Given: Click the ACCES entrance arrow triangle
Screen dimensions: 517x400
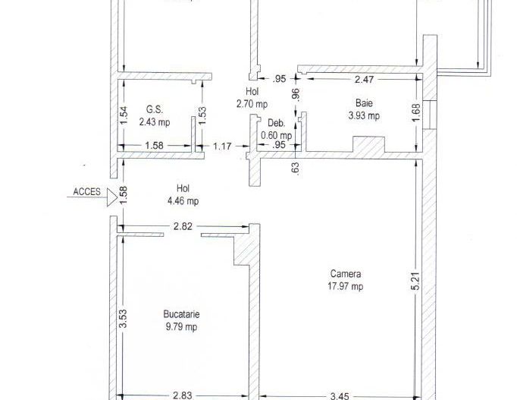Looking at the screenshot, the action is (111, 198).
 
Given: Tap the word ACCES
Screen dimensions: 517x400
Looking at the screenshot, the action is (86, 192).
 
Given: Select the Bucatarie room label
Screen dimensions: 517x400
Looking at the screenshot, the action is (181, 314).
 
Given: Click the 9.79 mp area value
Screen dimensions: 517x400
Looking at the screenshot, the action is (182, 326).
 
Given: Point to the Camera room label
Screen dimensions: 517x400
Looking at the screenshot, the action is (346, 273).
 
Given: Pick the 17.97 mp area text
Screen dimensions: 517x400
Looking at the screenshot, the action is (345, 286).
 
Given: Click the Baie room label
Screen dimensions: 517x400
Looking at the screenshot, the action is (364, 103).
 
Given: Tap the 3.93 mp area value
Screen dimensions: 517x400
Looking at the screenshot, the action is (364, 115).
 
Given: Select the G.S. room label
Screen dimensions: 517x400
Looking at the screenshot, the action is (155, 109).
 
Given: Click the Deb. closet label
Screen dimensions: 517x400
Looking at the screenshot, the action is (276, 123).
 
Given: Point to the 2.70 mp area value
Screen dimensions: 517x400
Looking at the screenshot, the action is (252, 104).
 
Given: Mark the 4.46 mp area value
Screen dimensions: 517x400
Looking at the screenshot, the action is (183, 200).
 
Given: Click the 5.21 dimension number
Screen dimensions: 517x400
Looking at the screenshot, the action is (416, 281).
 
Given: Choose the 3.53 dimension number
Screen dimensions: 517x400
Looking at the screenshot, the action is (123, 318).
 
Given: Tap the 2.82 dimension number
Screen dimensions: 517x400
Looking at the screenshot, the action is (183, 226).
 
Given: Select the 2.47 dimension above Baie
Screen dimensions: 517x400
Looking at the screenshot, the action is (364, 79).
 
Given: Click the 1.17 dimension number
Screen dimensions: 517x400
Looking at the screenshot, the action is (222, 146).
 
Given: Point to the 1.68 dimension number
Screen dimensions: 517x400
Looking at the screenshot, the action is (416, 113).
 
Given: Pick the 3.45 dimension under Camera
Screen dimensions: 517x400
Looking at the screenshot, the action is (340, 395).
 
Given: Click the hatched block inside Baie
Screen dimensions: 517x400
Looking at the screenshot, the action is (369, 144).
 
